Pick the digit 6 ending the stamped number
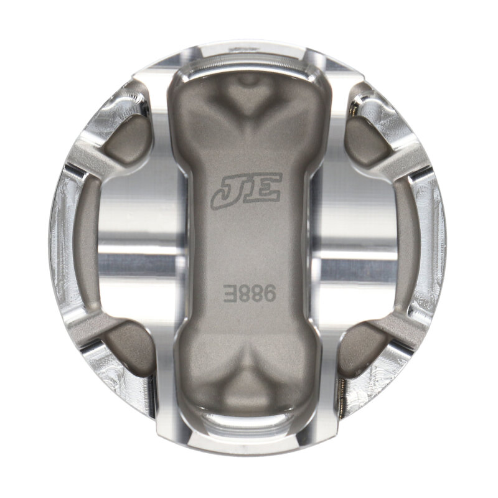(x=266, y=291)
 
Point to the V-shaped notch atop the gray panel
(x=247, y=100)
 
